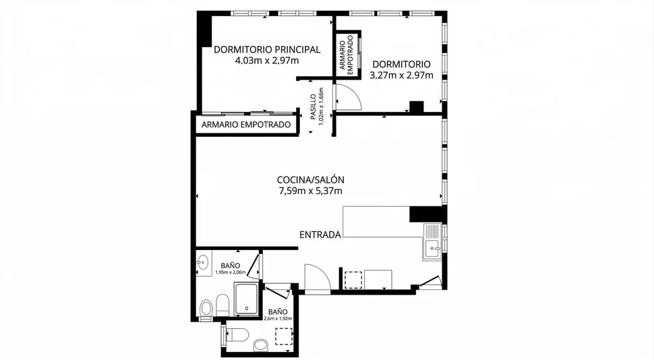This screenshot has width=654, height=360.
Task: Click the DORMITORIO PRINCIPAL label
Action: [266, 49]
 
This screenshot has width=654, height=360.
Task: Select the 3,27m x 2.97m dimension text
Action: [400, 76]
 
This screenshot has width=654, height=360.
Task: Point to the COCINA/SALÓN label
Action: [311, 180]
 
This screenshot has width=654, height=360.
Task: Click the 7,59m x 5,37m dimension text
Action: [311, 191]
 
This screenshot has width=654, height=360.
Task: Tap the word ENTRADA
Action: [320, 235]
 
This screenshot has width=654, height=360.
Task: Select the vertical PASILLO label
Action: [314, 107]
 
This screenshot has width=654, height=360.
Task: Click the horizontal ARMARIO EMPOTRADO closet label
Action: [246, 125]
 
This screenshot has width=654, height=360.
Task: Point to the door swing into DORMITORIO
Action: [349, 98]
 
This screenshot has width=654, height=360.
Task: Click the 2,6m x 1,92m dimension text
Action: [277, 319]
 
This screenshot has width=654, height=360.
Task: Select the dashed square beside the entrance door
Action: [353, 280]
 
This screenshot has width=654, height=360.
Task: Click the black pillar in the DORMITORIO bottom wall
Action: [416, 107]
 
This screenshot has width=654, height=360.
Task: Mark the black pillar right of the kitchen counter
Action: [425, 214]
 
